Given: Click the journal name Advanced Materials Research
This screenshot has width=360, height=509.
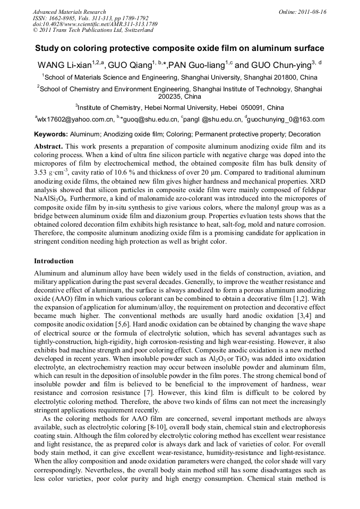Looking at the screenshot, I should pos(69,12).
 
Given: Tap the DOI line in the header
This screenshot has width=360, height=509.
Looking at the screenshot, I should pos(95,24).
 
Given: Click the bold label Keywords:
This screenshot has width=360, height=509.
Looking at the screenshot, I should pos(51,134).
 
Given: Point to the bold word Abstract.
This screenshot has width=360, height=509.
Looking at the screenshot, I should pos(48,145).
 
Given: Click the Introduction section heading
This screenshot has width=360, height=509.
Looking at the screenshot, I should pos(54,261).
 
